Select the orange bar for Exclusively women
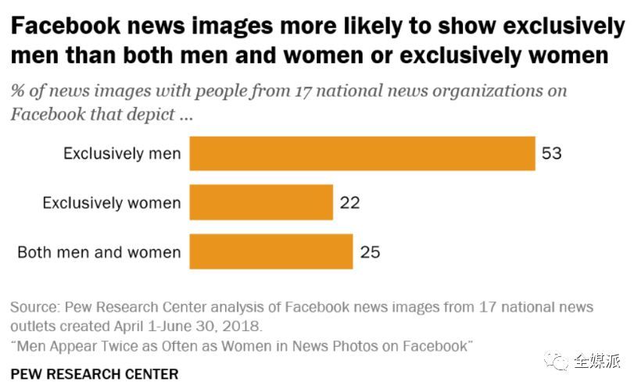261,202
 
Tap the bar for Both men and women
271,252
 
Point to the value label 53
552,153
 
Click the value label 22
349,203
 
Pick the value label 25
370,252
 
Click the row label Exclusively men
122,154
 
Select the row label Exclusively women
112,203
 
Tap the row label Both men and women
99,252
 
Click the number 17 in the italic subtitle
305,91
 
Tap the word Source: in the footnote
34,306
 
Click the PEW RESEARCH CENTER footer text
95,373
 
